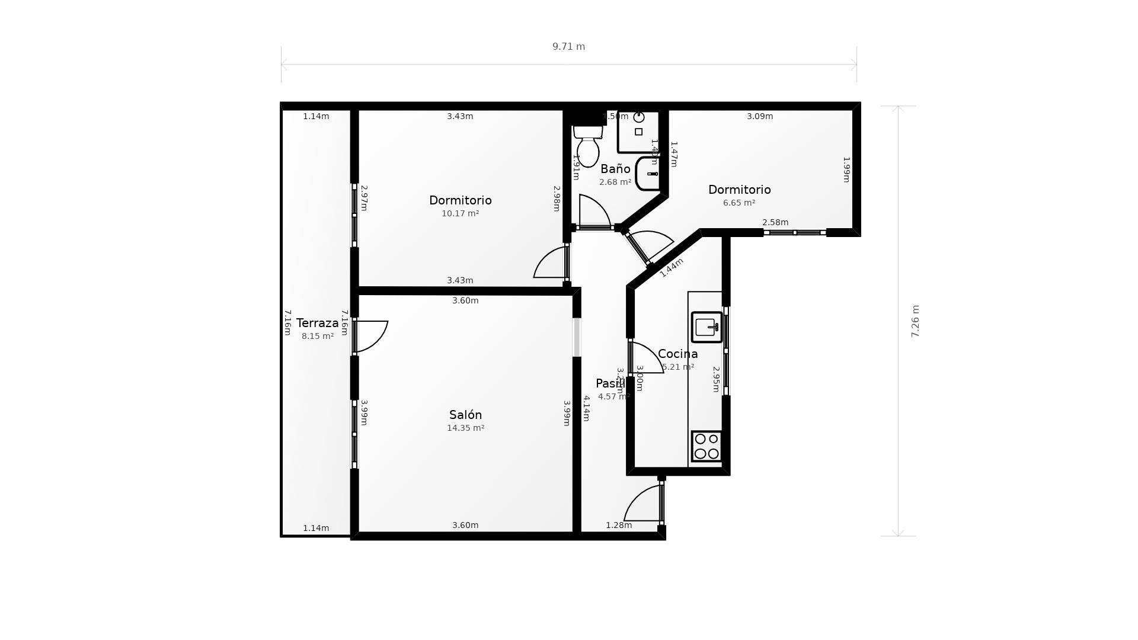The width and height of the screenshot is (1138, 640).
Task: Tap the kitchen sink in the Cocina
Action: click(x=707, y=327)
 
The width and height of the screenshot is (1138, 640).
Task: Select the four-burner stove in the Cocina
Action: click(x=707, y=446)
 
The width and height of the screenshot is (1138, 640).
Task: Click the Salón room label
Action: click(x=465, y=415)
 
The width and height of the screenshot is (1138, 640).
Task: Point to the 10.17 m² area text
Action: click(x=460, y=213)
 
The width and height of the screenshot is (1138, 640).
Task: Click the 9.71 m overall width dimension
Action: click(x=568, y=47)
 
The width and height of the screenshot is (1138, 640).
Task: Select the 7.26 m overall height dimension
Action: click(x=915, y=321)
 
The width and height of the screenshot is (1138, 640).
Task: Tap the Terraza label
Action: click(x=317, y=323)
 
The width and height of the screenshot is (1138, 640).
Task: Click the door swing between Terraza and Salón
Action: click(x=372, y=335)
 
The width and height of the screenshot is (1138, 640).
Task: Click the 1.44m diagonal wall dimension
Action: click(x=672, y=267)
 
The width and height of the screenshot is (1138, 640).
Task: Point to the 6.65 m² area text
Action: click(x=739, y=203)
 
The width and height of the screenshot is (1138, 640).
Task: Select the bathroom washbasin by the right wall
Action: click(x=648, y=174)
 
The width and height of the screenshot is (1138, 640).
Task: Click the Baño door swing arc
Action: click(x=594, y=210)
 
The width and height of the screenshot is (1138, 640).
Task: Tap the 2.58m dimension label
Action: click(x=775, y=222)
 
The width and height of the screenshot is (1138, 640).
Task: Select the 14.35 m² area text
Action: click(x=465, y=428)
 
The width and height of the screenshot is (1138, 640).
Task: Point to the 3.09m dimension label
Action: click(x=759, y=116)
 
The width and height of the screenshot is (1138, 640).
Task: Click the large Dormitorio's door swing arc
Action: click(x=550, y=264)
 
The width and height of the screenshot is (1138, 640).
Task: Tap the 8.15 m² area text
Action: click(x=317, y=336)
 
